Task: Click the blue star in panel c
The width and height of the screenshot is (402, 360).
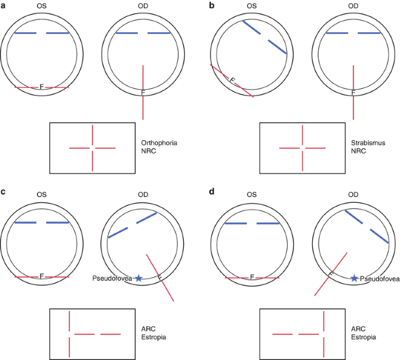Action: (138, 279)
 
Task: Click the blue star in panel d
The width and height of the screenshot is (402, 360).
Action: (354, 279)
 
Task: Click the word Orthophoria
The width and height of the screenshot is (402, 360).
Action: (159, 142)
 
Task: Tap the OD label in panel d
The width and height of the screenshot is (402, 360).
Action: (353, 195)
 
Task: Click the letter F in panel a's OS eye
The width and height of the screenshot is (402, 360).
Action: (42, 87)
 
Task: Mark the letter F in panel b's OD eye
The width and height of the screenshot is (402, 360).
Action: (353, 92)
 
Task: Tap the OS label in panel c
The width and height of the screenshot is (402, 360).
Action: (42, 195)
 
